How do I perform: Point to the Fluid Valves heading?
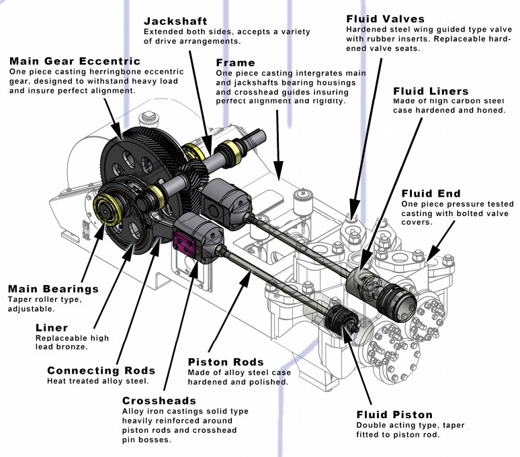tap(386, 19)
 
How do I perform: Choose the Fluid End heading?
tap(430, 194)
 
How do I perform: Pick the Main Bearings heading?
tap(53, 289)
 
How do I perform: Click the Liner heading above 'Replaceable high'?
tap(51, 328)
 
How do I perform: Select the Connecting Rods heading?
tap(101, 370)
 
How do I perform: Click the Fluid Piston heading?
tap(394, 414)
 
